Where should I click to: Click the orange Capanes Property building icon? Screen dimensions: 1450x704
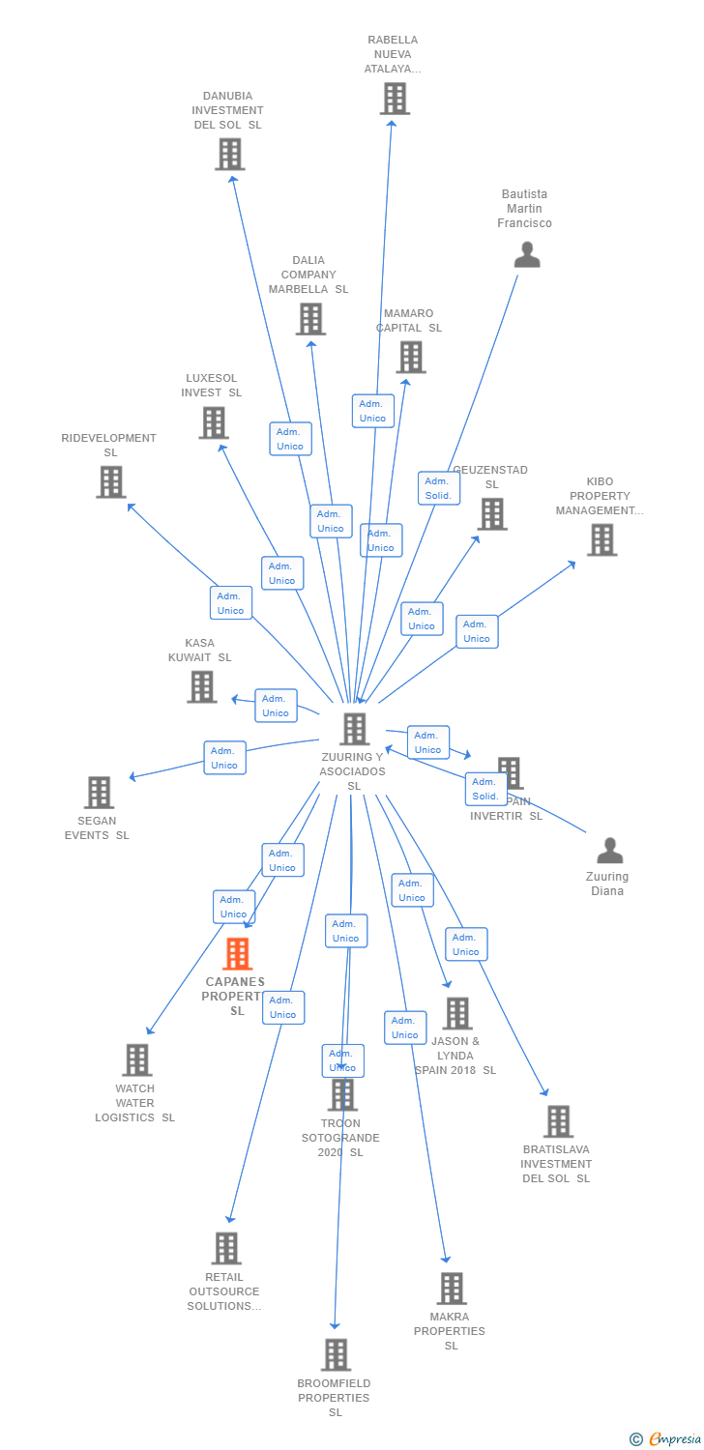click(x=237, y=954)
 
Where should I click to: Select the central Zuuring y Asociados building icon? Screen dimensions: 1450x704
click(x=355, y=729)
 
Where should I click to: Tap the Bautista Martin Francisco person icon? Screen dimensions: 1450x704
click(x=526, y=254)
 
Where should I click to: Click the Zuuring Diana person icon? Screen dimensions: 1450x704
click(x=609, y=851)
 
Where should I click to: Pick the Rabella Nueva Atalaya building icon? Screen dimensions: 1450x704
click(x=394, y=99)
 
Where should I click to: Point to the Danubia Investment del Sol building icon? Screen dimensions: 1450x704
click(x=229, y=155)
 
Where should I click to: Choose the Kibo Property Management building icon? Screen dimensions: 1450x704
click(x=601, y=539)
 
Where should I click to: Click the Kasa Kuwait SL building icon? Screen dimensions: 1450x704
click(x=201, y=686)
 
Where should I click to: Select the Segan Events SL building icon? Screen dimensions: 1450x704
click(x=99, y=793)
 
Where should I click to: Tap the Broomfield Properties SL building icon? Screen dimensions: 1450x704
click(x=336, y=1354)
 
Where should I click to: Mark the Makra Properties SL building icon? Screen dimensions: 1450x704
click(x=451, y=1289)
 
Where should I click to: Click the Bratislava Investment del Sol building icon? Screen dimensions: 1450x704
click(x=557, y=1121)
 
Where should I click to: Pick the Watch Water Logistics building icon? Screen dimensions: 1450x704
click(x=136, y=1060)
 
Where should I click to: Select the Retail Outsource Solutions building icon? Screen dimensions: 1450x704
click(x=225, y=1248)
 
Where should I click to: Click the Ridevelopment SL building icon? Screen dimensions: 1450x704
click(x=110, y=481)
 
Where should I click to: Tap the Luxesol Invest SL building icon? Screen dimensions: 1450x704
click(x=213, y=422)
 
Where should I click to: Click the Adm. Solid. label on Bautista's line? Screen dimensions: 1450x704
click(x=438, y=488)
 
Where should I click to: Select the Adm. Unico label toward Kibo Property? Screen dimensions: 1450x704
click(x=477, y=631)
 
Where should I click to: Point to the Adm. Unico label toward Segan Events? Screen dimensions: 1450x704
click(x=224, y=758)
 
